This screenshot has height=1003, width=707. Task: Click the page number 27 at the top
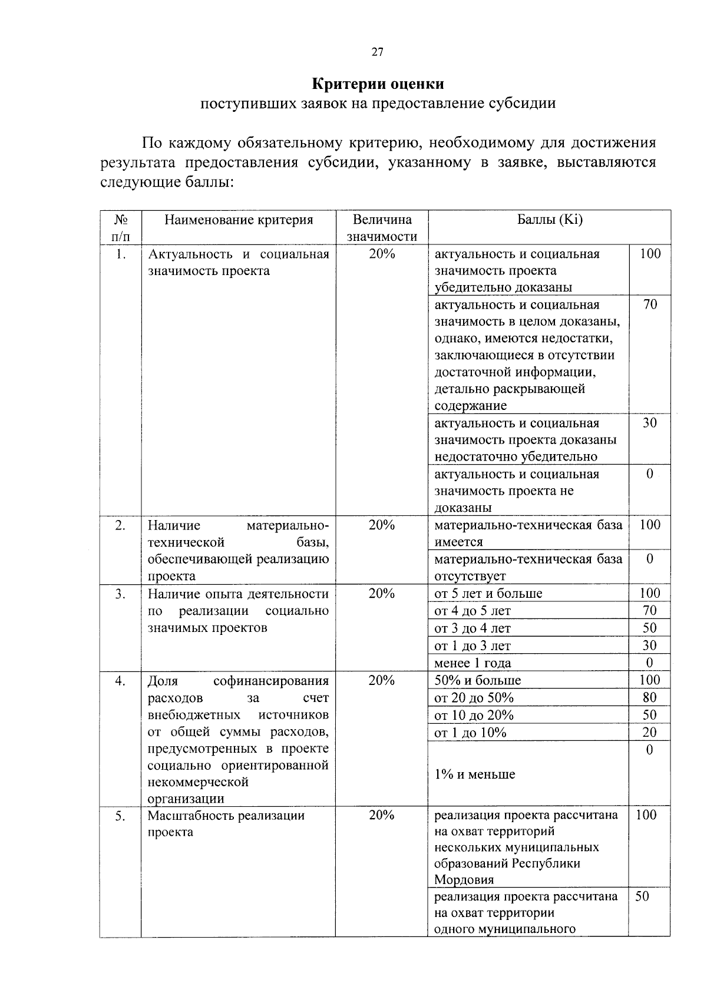tap(377, 53)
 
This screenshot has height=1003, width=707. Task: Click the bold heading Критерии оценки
tap(378, 84)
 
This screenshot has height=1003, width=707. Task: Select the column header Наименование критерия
tap(238, 220)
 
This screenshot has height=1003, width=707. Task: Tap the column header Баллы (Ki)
tap(549, 220)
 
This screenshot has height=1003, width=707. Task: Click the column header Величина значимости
tap(382, 229)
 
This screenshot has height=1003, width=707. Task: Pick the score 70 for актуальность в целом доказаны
tap(649, 305)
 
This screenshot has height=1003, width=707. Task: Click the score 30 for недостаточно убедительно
tap(649, 423)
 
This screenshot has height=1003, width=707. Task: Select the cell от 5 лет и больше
tap(488, 594)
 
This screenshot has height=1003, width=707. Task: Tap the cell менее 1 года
tap(473, 663)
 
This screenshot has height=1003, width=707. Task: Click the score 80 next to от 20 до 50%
tap(649, 698)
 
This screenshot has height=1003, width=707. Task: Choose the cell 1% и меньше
tap(475, 774)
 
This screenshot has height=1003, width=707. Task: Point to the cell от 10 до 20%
tap(474, 716)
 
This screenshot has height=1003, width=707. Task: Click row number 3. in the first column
tap(120, 594)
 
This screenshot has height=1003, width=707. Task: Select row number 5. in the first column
tap(120, 816)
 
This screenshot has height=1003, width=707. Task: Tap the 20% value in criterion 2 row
tap(382, 525)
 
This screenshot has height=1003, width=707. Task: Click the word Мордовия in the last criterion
tap(464, 880)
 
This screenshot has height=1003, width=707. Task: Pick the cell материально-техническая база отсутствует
tap(528, 567)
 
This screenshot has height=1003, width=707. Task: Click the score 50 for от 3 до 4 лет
tap(649, 628)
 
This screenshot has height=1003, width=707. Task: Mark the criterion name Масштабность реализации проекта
tap(226, 824)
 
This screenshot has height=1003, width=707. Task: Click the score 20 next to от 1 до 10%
tap(649, 733)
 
